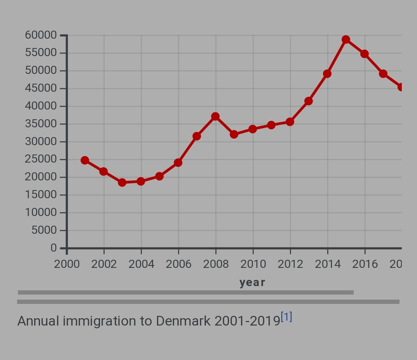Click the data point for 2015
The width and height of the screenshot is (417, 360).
coord(346,40)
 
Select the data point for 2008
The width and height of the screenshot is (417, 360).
coord(215,117)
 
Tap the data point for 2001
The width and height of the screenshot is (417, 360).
coord(85,160)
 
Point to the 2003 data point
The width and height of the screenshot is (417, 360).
coord(122,182)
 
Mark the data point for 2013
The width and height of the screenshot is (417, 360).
coord(308,101)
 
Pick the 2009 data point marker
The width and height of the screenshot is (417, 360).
coord(234,134)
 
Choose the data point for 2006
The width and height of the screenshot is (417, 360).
coord(178,162)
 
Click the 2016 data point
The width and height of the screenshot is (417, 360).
coord(364,54)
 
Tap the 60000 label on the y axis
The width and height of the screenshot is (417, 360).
coord(41,35)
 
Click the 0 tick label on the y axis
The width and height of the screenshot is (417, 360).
coord(54,248)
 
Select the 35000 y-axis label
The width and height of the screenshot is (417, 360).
coord(41,124)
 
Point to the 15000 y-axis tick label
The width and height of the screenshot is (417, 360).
coord(41,195)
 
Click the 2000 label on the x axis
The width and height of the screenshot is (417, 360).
coord(67,264)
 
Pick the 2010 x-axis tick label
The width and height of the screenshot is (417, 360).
coord(253,264)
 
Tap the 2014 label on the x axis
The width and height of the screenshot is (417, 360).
coord(327,264)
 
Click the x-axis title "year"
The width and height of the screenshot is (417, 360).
coord(252,283)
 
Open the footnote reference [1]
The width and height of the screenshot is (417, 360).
coord(286,317)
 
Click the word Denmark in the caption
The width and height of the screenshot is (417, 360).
coord(183,321)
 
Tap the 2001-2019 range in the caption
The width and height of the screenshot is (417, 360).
coord(247,321)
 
